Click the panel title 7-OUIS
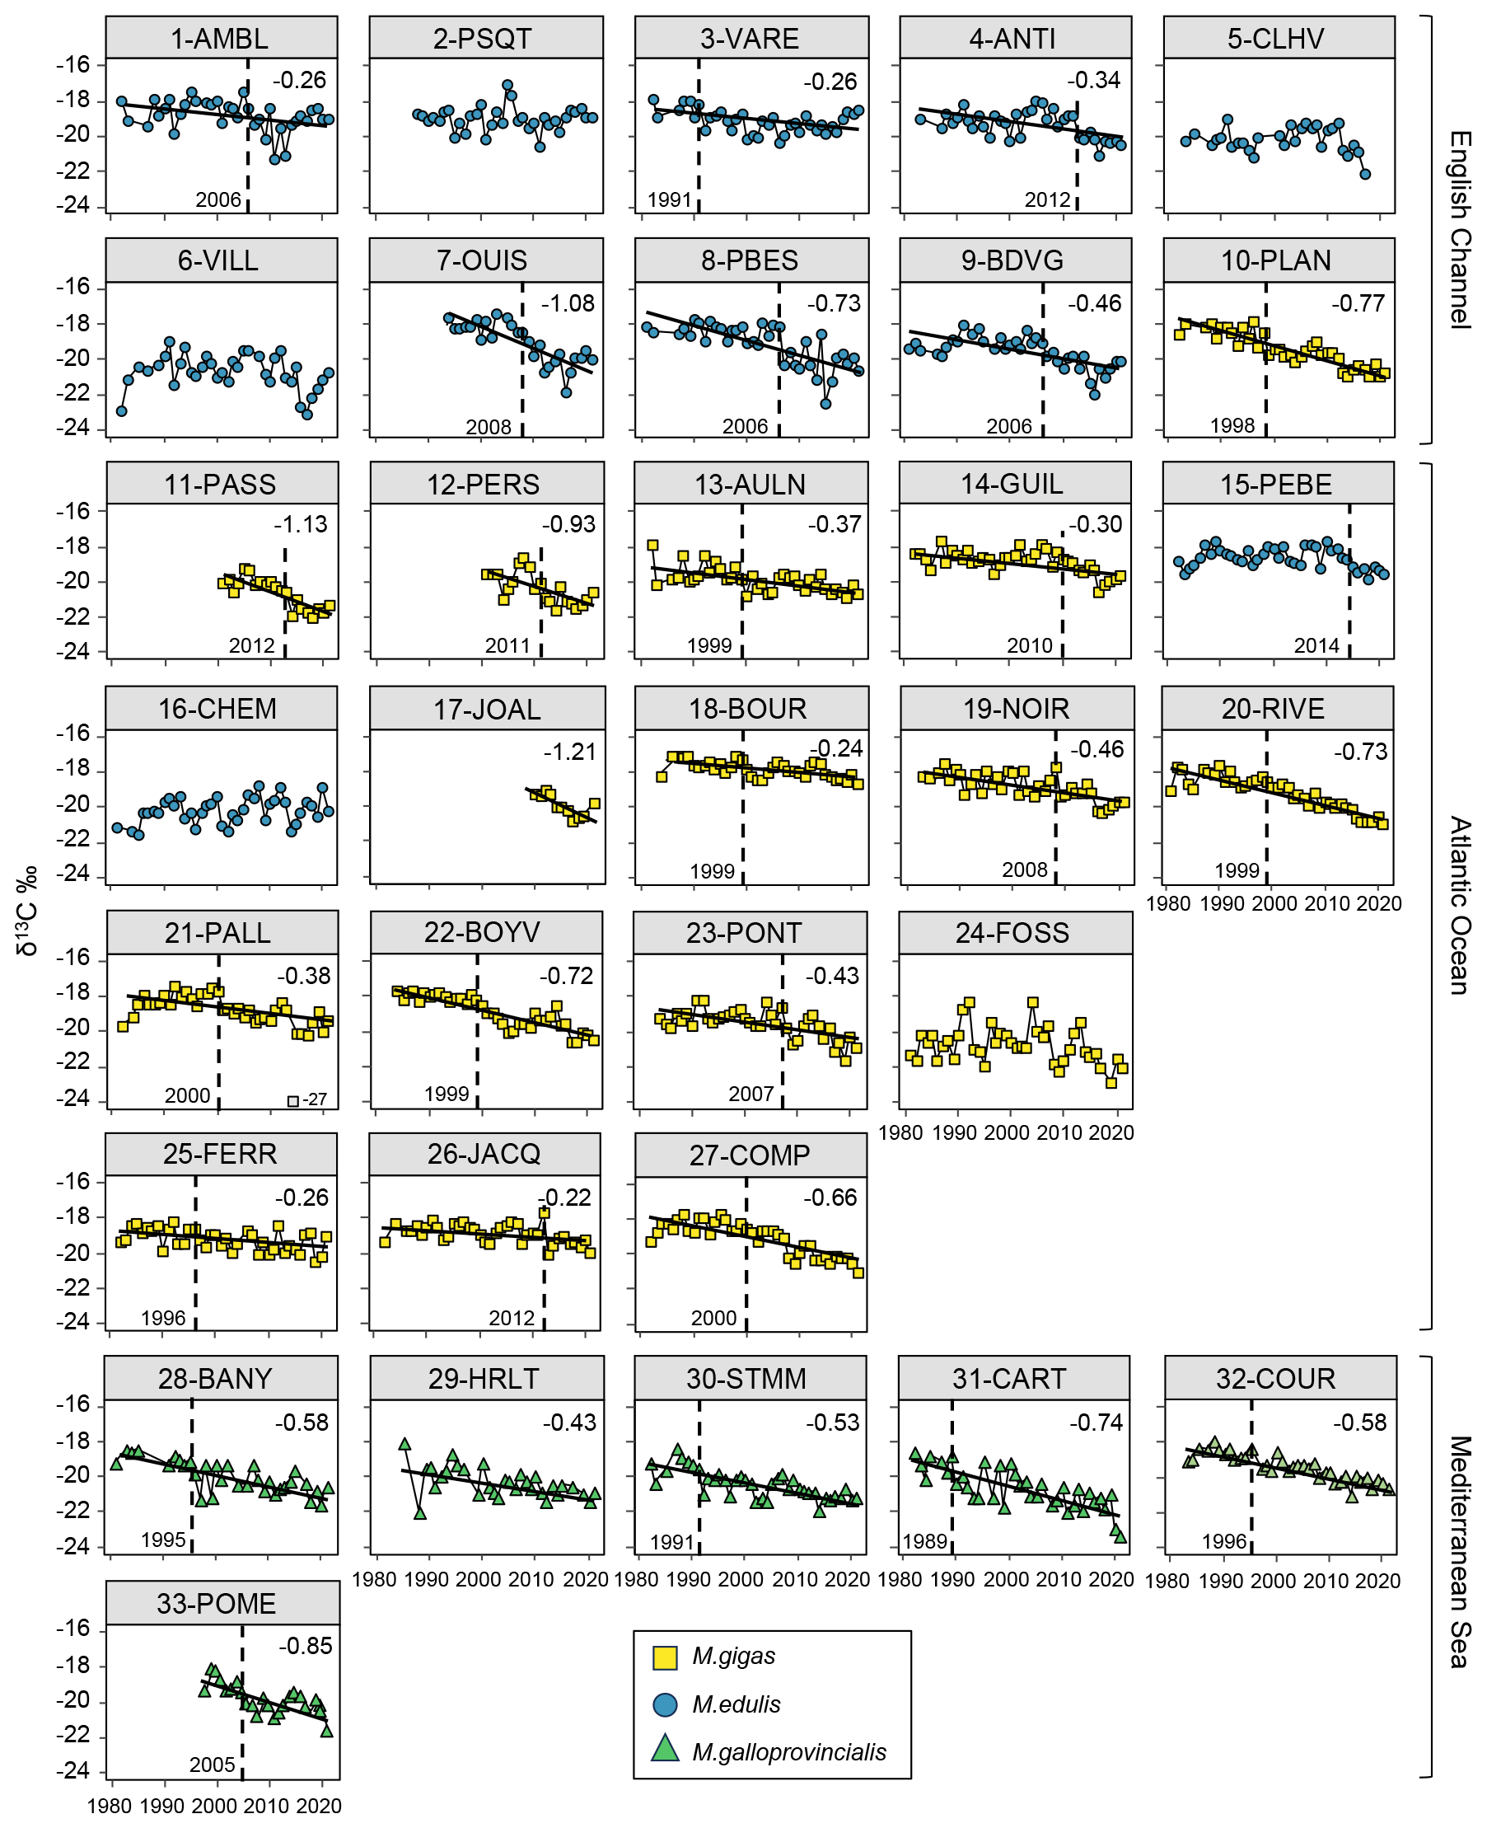(x=482, y=260)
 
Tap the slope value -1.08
(x=567, y=303)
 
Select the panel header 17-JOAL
(x=487, y=710)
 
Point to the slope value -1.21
(x=569, y=752)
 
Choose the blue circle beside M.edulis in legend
(x=665, y=1704)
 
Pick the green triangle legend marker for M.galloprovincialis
(x=665, y=1749)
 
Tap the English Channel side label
(x=1460, y=230)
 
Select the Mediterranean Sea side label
(x=1460, y=1552)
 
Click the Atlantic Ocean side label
(x=1460, y=905)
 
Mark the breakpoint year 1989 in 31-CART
(x=924, y=1542)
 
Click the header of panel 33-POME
(x=217, y=1604)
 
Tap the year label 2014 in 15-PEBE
(x=1316, y=645)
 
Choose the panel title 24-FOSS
(x=1012, y=932)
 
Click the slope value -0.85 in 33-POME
(x=305, y=1647)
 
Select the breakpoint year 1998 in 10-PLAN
(x=1232, y=425)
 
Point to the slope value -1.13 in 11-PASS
(x=301, y=524)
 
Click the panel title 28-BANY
(x=215, y=1379)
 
